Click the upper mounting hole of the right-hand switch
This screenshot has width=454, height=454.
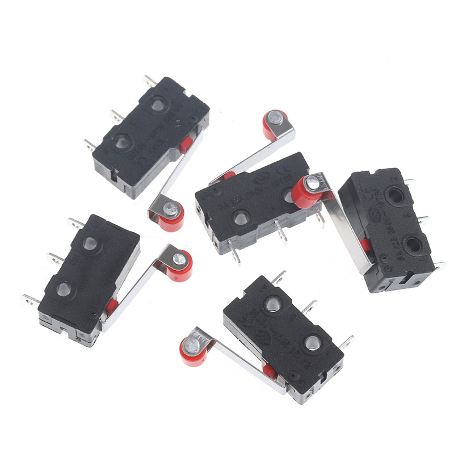392,196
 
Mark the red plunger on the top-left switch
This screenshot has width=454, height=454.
186,145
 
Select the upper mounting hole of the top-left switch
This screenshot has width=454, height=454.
158,104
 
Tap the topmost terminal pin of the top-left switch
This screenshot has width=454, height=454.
150,81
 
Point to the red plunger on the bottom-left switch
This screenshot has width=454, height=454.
111,307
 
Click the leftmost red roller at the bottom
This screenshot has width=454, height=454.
194,350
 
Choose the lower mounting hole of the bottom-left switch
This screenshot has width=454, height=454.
64,290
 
